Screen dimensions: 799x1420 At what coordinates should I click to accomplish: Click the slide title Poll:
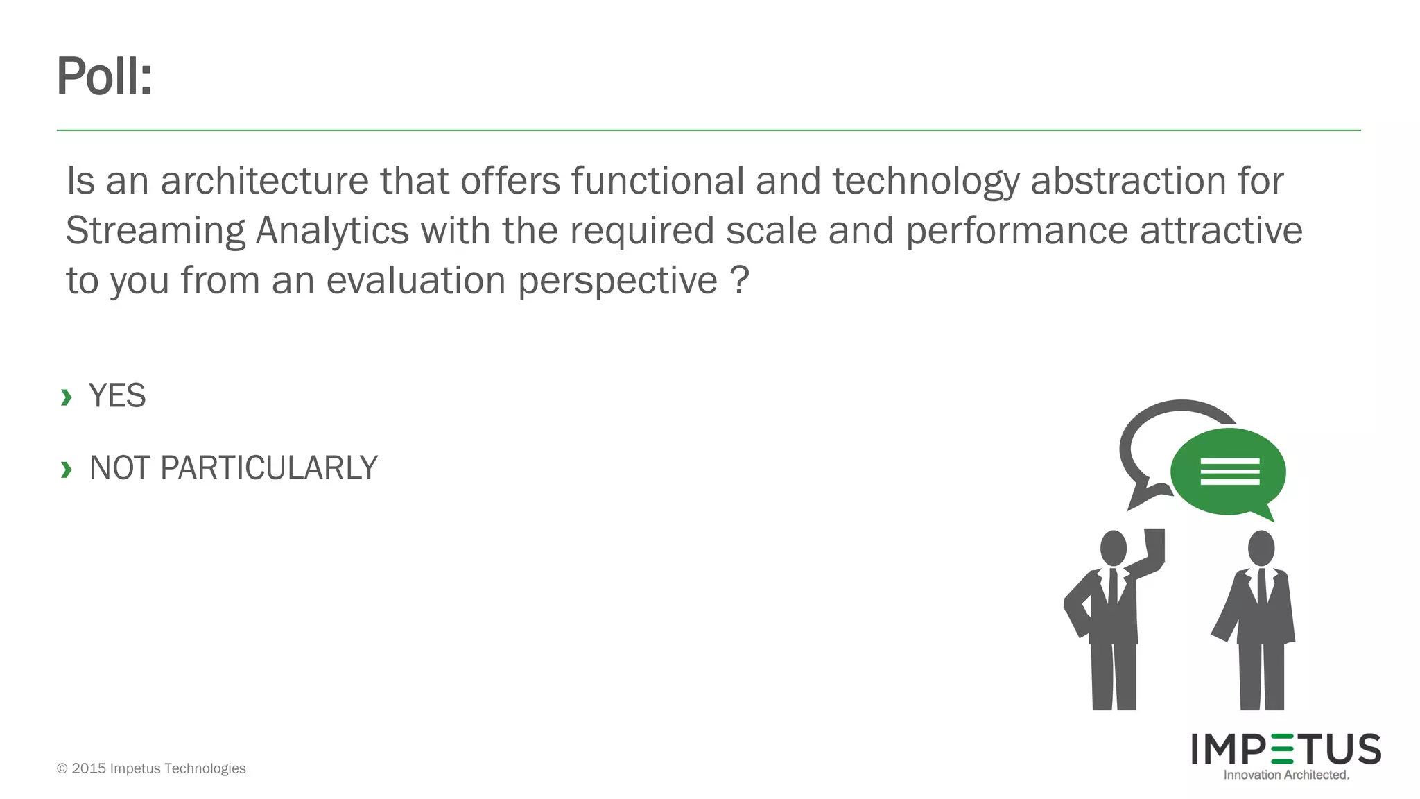click(x=104, y=76)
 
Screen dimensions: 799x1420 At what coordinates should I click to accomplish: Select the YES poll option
click(x=117, y=396)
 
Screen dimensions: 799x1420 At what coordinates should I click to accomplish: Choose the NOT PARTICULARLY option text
click(x=234, y=468)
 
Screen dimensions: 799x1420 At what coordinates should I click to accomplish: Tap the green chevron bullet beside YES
click(x=67, y=397)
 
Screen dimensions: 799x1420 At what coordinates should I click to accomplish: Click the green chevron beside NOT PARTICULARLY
click(x=67, y=470)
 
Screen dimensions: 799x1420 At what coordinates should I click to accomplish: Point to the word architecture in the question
click(x=264, y=182)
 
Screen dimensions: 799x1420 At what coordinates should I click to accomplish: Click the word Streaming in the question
click(x=155, y=232)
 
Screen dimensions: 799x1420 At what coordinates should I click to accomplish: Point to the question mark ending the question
click(x=739, y=280)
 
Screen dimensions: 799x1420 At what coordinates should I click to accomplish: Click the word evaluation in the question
click(x=416, y=281)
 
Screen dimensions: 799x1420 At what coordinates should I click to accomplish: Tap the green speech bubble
click(x=1229, y=472)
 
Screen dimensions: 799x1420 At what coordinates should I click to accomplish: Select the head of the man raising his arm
click(x=1114, y=548)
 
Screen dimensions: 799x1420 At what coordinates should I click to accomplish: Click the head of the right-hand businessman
click(x=1261, y=548)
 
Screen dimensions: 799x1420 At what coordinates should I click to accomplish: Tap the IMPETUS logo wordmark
click(x=1286, y=749)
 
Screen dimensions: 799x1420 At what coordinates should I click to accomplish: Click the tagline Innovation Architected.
click(x=1286, y=775)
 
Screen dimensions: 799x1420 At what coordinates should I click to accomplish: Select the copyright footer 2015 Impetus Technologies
click(x=151, y=768)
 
